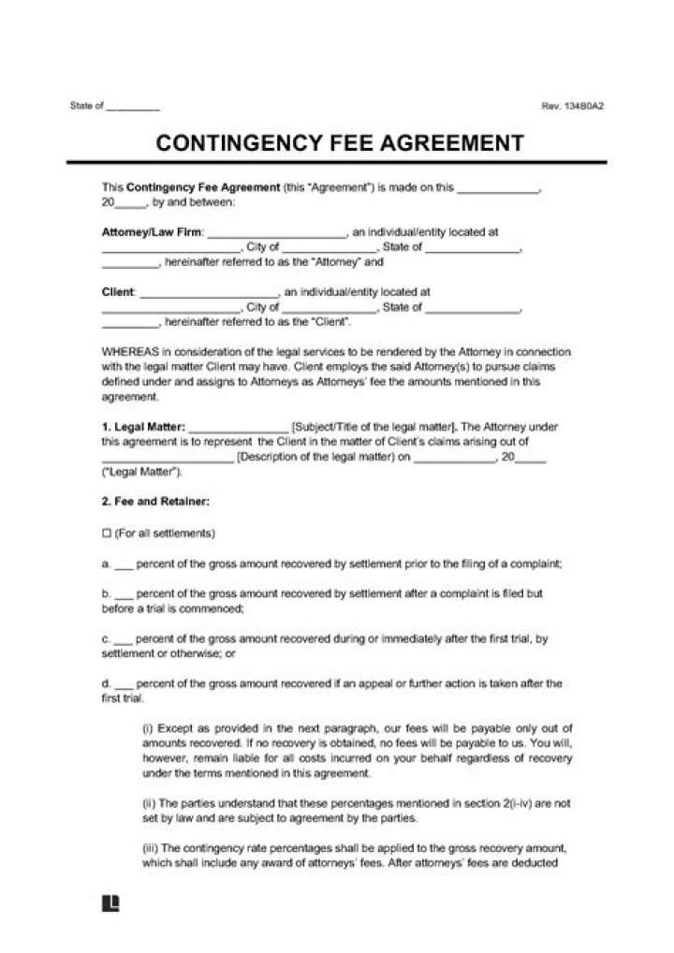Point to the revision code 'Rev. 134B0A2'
pos(572,106)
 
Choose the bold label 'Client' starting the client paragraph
pos(117,292)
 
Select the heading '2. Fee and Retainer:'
pos(154,502)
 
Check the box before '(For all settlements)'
pos(105,533)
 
